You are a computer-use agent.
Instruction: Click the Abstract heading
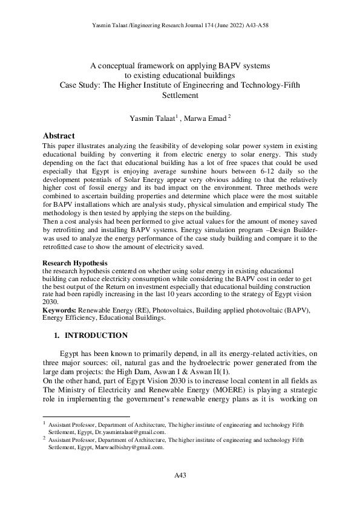pyautogui.click(x=59, y=135)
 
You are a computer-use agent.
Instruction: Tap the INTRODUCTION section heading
pyautogui.click(x=96, y=336)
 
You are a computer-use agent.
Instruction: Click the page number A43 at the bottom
pyautogui.click(x=180, y=476)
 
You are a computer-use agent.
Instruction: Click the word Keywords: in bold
pyautogui.click(x=60, y=310)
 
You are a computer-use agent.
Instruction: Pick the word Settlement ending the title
pyautogui.click(x=180, y=95)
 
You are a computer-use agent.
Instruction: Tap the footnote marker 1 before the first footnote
pyautogui.click(x=44, y=424)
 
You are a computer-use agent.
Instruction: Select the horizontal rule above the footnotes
pyautogui.click(x=87, y=417)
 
